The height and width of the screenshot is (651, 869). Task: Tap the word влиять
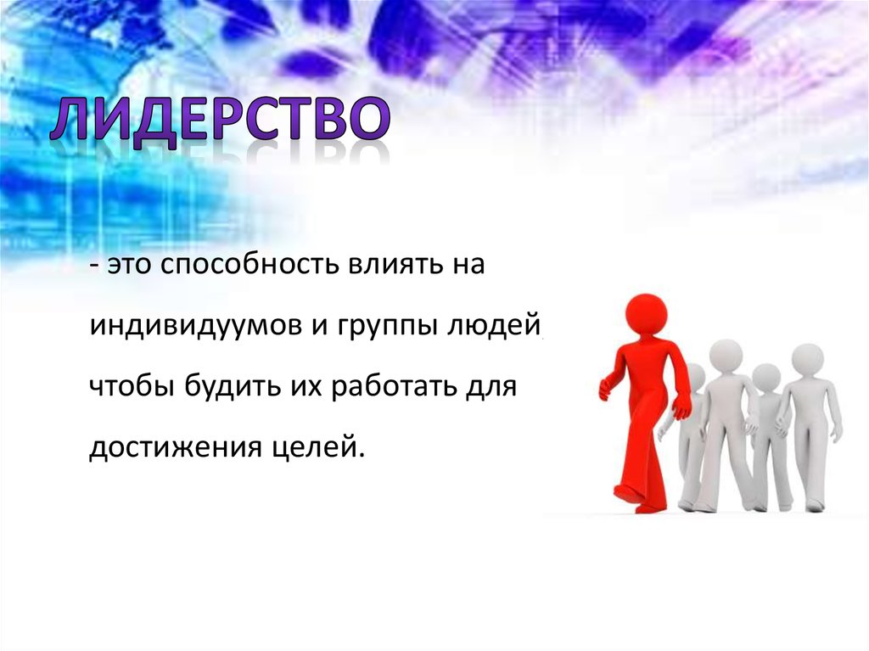tap(395, 265)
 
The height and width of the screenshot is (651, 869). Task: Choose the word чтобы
tap(132, 386)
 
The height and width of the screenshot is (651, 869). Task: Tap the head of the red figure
tap(645, 315)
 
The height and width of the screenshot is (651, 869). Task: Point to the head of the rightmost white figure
tap(808, 361)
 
